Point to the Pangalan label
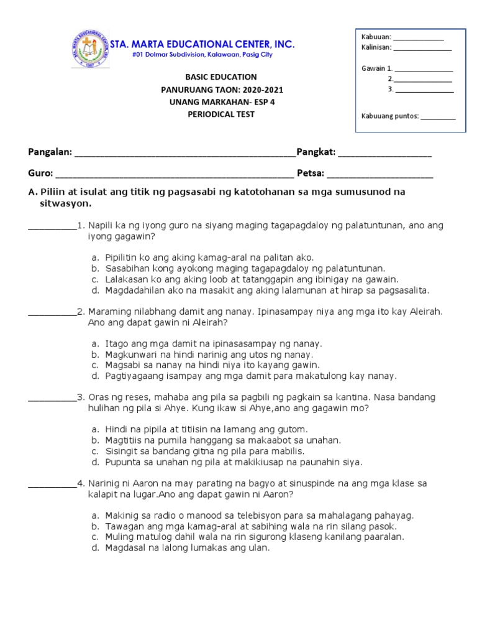tap(50, 152)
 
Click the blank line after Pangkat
tap(384, 154)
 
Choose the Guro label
tap(40, 174)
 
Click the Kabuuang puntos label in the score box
tap(390, 116)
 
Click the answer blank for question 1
tap(52, 226)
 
